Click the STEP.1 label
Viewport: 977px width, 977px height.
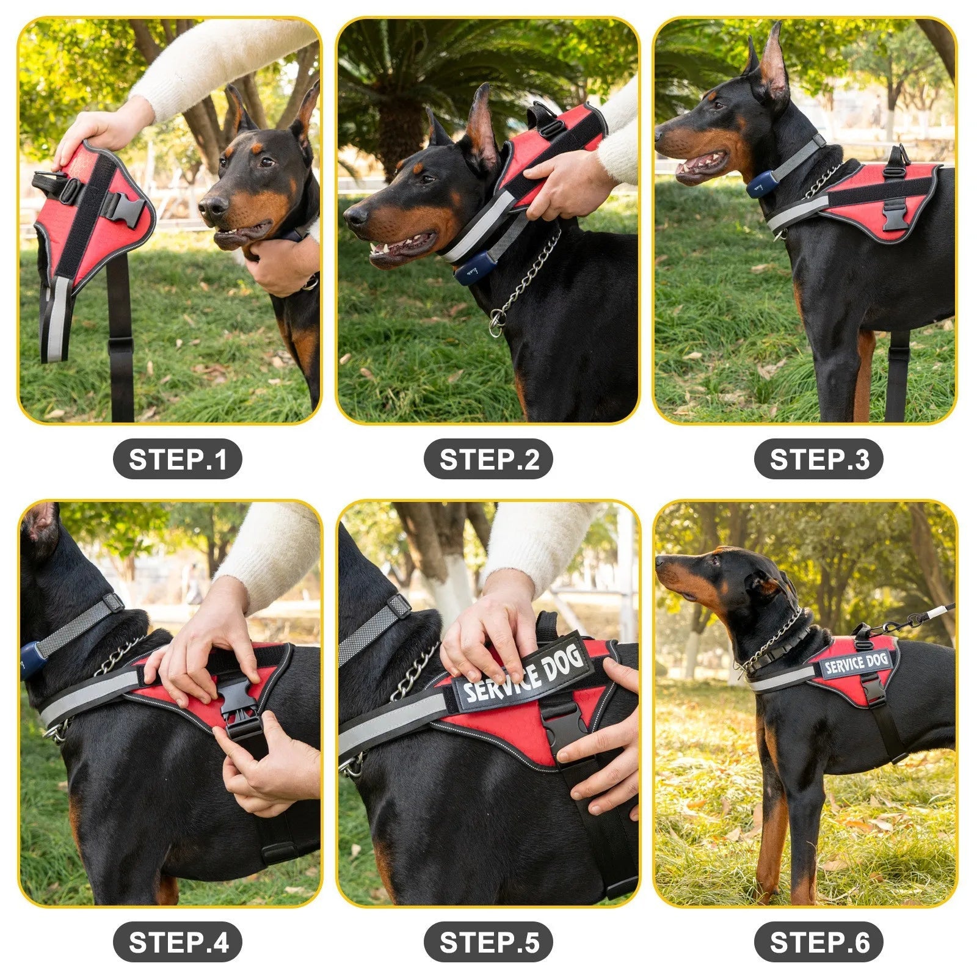[177, 459]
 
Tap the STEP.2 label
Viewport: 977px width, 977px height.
[488, 459]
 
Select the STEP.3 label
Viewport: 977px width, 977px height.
[818, 459]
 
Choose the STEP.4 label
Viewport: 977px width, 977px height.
[177, 942]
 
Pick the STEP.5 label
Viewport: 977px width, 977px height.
[488, 942]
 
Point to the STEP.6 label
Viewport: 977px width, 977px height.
[818, 942]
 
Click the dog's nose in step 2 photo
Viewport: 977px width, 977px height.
[354, 214]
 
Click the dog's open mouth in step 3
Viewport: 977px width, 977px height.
[702, 164]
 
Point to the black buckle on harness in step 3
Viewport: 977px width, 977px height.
[895, 214]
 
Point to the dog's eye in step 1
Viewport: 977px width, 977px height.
[266, 162]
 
